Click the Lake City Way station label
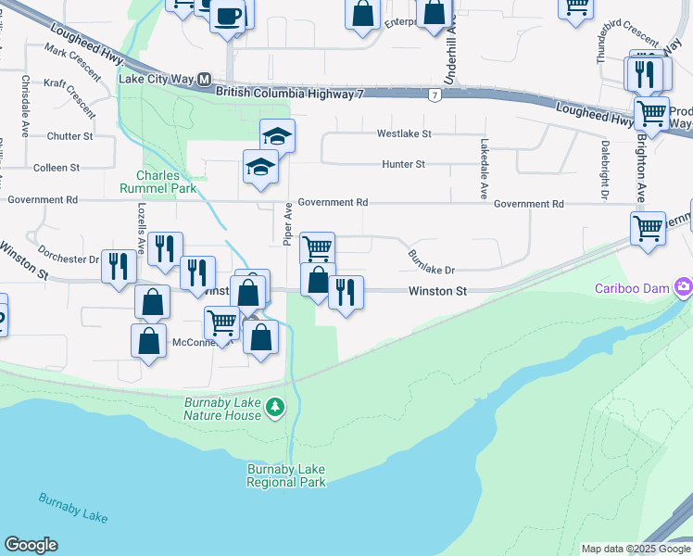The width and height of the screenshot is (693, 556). coord(156,80)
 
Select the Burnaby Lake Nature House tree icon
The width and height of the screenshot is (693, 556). coord(274,407)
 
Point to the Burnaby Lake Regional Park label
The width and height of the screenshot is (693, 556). coord(286,475)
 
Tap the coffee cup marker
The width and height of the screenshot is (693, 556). coord(227,17)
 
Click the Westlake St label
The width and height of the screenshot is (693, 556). coord(404,133)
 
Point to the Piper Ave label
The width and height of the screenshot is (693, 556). coord(288,221)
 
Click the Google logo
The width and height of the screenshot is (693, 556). coord(31,545)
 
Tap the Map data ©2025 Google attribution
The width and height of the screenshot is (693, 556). coord(635,549)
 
